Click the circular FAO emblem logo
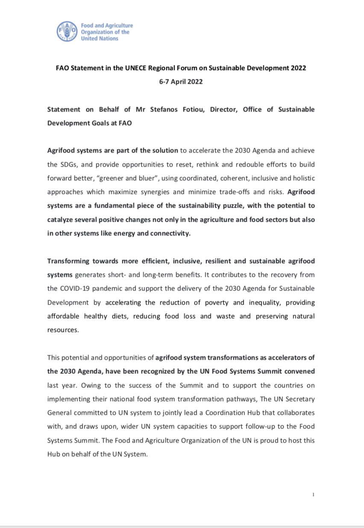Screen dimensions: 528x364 tap(68, 32)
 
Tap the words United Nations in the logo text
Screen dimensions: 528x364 tap(100, 38)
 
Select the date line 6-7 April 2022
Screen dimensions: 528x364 tap(181, 82)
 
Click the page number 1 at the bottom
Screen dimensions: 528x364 tap(313, 495)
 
